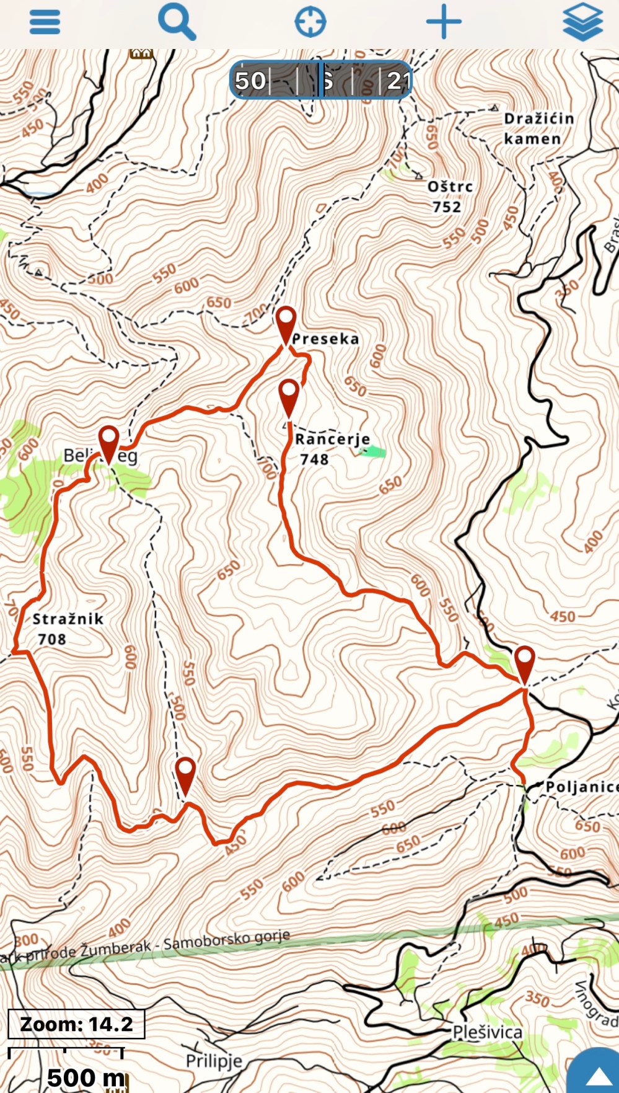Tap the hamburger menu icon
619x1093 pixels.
(45, 22)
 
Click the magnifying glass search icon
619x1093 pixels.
(177, 22)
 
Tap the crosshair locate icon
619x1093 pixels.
(310, 22)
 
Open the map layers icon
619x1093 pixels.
(582, 22)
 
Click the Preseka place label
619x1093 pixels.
(325, 339)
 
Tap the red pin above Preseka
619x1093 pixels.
(286, 324)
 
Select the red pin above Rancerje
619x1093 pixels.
(289, 397)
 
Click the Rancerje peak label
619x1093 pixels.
(332, 440)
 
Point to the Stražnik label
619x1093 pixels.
(68, 619)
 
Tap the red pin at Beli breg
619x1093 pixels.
(109, 443)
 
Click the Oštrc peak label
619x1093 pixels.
(450, 187)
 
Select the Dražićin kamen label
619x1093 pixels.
(538, 128)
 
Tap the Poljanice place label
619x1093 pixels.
(581, 787)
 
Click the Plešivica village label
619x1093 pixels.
(488, 1032)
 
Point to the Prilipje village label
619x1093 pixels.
(214, 1061)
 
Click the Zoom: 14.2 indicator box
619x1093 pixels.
(76, 1024)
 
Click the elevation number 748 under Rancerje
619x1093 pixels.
(314, 459)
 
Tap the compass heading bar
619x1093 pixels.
(320, 80)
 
